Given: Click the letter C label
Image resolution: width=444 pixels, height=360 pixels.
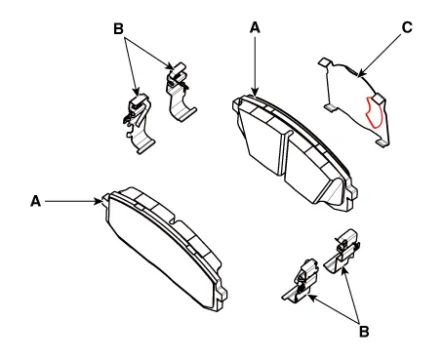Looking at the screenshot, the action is (407, 27).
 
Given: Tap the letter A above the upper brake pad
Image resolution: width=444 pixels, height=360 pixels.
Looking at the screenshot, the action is (255, 27).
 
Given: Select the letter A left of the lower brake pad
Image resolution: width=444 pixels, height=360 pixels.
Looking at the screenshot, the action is (35, 201).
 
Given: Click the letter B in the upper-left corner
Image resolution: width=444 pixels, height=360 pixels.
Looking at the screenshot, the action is (118, 28).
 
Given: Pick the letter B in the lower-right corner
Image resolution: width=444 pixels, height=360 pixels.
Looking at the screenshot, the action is (364, 332).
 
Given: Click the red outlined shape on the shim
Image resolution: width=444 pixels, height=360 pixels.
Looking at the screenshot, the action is (373, 112).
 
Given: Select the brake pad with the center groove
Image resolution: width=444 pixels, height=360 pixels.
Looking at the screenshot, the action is (295, 151).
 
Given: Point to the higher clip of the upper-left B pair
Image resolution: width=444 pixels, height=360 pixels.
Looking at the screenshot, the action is (180, 92).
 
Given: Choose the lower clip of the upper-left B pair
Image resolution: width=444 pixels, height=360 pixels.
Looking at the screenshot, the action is (139, 124).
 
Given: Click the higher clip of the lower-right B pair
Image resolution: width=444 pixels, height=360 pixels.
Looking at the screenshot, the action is (343, 251).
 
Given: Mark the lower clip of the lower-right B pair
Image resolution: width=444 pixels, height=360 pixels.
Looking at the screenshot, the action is (300, 280).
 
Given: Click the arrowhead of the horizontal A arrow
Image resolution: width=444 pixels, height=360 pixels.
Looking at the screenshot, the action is (99, 201).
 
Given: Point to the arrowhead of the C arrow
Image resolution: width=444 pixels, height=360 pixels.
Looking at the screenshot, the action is (360, 74).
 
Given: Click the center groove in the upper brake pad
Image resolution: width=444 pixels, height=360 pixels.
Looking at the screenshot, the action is (283, 153).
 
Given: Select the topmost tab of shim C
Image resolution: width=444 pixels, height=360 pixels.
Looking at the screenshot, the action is (325, 62).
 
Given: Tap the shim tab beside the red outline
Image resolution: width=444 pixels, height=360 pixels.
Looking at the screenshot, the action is (379, 98).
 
